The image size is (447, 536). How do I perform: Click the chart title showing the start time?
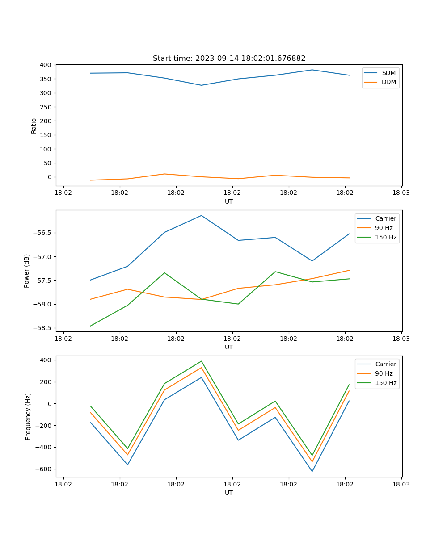[229, 59]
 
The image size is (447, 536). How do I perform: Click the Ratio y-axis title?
[34, 126]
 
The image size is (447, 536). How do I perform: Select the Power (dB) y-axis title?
[27, 271]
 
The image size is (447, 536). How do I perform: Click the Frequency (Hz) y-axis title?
[28, 416]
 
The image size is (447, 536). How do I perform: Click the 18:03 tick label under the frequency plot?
[401, 484]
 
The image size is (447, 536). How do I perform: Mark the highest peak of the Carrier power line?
[201, 216]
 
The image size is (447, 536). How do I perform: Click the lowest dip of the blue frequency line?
[312, 471]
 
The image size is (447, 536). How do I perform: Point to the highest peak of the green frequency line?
[201, 361]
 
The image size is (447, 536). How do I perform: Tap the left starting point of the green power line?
[91, 326]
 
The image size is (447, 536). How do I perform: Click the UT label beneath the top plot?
[229, 201]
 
